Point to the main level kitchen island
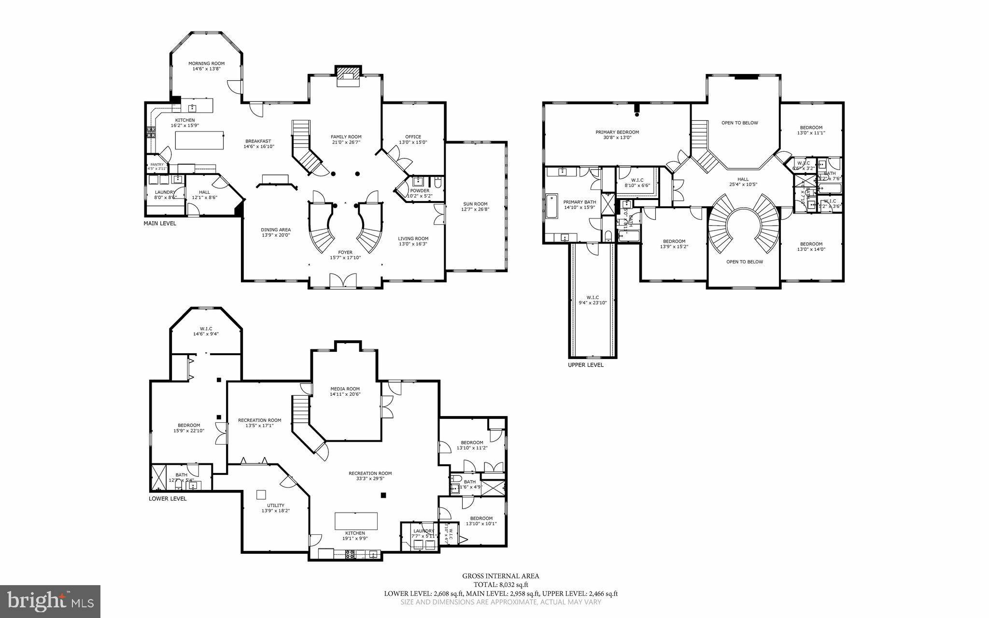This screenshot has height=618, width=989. [x=199, y=141]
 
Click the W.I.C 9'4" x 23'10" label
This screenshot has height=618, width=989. [x=593, y=297]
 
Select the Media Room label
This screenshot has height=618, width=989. [x=345, y=388]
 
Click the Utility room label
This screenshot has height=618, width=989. [x=276, y=505]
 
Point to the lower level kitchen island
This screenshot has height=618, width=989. [x=356, y=521]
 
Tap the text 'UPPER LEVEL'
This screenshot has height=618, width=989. [x=585, y=365]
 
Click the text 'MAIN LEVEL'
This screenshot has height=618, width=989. [x=160, y=223]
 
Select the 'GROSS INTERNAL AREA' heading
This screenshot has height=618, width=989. [x=501, y=575]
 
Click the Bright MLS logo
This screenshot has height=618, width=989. [x=50, y=601]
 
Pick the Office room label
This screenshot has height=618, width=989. [x=413, y=137]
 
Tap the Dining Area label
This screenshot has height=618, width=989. [x=276, y=230]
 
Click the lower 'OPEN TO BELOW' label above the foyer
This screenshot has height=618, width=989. [x=745, y=262]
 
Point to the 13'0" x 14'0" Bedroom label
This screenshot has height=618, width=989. [x=811, y=244]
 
